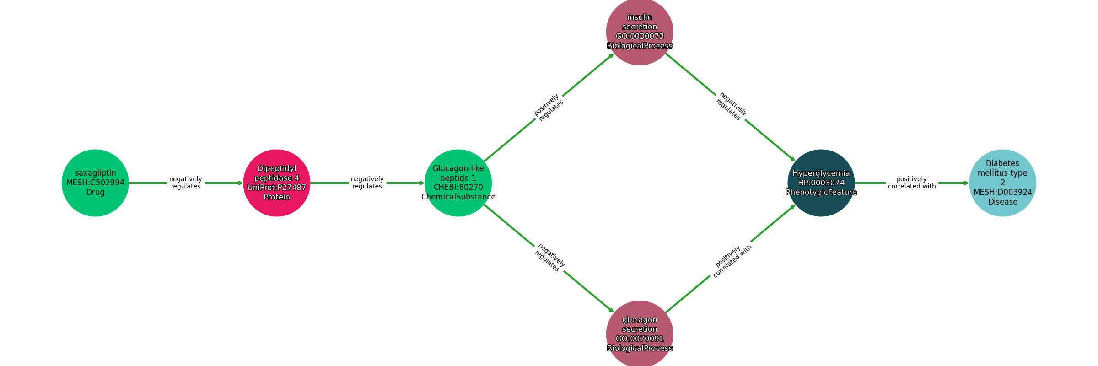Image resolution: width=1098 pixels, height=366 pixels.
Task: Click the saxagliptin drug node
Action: pyautogui.click(x=95, y=183)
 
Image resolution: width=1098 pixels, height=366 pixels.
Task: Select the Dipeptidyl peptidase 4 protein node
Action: pyautogui.click(x=277, y=183)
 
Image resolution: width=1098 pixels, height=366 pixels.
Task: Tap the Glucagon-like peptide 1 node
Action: pyautogui.click(x=458, y=183)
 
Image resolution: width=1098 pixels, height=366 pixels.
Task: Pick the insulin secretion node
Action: pyautogui.click(x=640, y=32)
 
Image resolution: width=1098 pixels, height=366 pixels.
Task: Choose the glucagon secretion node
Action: pyautogui.click(x=640, y=334)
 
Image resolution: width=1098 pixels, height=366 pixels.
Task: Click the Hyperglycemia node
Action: pyautogui.click(x=821, y=183)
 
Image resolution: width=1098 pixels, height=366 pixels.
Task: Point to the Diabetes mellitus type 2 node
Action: pyautogui.click(x=1002, y=183)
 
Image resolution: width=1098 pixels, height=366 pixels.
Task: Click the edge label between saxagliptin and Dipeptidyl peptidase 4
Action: pyautogui.click(x=186, y=183)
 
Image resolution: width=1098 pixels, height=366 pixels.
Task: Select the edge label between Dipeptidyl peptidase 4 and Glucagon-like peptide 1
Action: pyautogui.click(x=367, y=183)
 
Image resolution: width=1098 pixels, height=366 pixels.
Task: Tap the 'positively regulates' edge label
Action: pyautogui.click(x=549, y=108)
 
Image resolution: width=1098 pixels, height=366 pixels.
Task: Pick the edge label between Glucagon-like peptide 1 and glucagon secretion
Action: pyautogui.click(x=549, y=258)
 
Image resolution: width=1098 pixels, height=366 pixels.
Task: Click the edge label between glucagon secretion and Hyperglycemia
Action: pyautogui.click(x=732, y=261)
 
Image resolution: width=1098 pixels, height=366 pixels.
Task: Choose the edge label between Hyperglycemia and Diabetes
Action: pyautogui.click(x=912, y=183)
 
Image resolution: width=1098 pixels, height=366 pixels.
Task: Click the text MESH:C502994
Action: pyautogui.click(x=95, y=183)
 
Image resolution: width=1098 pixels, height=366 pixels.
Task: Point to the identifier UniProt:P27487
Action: pyautogui.click(x=277, y=188)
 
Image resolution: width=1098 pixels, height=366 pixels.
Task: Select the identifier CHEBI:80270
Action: pyautogui.click(x=458, y=188)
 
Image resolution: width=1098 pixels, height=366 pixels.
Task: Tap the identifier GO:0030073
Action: pyautogui.click(x=640, y=37)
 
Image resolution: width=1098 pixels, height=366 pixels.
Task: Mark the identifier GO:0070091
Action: pyautogui.click(x=640, y=339)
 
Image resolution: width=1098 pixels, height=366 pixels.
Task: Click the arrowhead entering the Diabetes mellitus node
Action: pyautogui.click(x=966, y=183)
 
